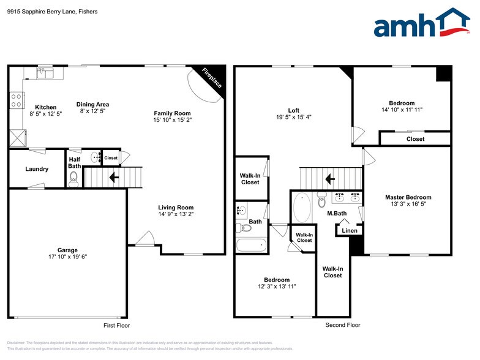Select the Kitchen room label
pyautogui.click(x=46, y=107)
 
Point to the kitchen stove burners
pyautogui.click(x=17, y=100)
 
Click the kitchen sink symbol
pyautogui.click(x=45, y=73)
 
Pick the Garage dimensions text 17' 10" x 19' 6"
pyautogui.click(x=67, y=258)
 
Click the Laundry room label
pyautogui.click(x=37, y=169)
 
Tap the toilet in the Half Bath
pyautogui.click(x=74, y=178)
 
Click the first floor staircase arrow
pyautogui.click(x=114, y=178)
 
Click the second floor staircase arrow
pyautogui.click(x=329, y=179)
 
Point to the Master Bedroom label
pyautogui.click(x=408, y=197)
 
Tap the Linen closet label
pyautogui.click(x=350, y=231)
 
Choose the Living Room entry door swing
pyautogui.click(x=145, y=239)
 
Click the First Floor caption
pyautogui.click(x=116, y=326)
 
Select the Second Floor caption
pyautogui.click(x=343, y=326)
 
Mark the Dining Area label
pyautogui.click(x=92, y=104)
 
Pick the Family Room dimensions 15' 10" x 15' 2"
pyautogui.click(x=172, y=120)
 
